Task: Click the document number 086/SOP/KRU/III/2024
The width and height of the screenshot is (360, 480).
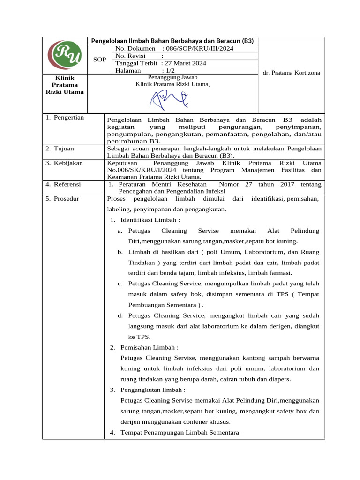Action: click(x=204, y=48)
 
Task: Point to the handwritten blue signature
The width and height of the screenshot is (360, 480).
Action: click(x=169, y=99)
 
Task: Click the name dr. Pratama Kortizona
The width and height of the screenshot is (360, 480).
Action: click(x=292, y=73)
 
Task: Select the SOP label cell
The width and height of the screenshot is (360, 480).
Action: click(x=100, y=60)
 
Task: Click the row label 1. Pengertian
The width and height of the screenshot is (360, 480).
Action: click(x=65, y=118)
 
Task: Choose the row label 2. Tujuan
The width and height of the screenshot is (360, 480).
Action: click(x=60, y=149)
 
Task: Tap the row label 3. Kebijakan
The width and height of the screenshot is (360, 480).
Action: click(x=64, y=163)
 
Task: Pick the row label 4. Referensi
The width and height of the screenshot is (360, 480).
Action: click(x=63, y=184)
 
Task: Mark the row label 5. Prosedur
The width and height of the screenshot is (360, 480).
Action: click(x=63, y=199)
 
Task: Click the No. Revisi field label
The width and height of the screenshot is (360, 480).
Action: click(x=131, y=56)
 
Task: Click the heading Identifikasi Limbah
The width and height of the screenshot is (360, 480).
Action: click(x=150, y=220)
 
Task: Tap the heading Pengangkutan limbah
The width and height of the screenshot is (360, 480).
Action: click(x=153, y=390)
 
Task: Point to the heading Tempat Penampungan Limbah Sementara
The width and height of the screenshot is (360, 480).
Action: click(x=180, y=433)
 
